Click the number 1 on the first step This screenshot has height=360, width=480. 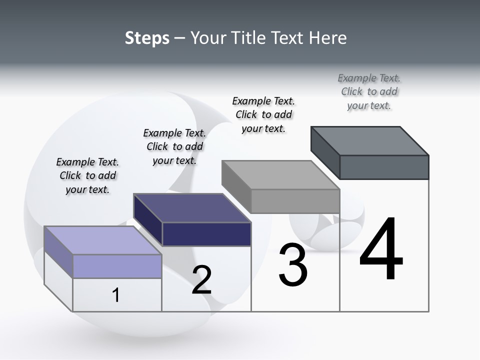click(x=116, y=295)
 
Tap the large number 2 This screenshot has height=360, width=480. click(x=201, y=279)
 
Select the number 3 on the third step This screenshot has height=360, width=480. click(x=293, y=265)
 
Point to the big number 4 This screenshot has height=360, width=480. click(x=381, y=249)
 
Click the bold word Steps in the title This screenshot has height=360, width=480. click(x=147, y=38)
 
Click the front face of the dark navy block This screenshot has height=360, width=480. click(x=206, y=234)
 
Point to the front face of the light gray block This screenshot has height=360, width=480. click(x=295, y=201)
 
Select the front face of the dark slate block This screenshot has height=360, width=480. click(x=384, y=167)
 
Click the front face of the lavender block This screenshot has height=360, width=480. click(x=117, y=266)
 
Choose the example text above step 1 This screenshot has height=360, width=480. click(x=87, y=175)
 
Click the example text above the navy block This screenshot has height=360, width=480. click(x=174, y=146)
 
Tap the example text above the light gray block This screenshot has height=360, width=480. click(x=263, y=114)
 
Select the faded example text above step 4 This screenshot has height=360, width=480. click(x=369, y=91)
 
